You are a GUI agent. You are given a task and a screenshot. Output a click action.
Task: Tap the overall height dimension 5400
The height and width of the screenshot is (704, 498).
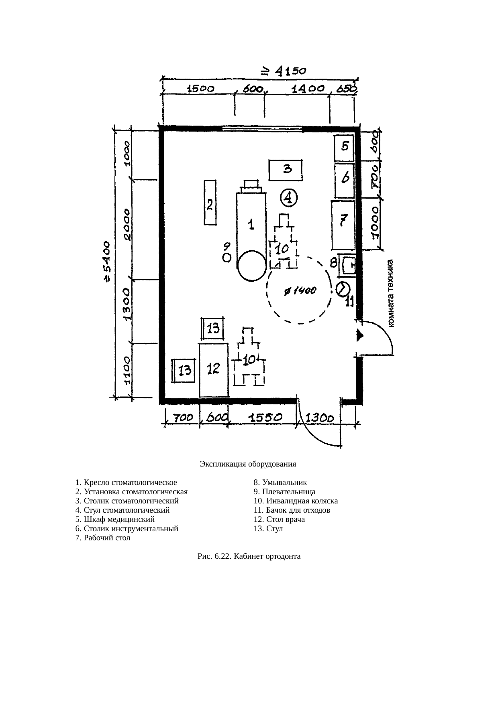click(107, 262)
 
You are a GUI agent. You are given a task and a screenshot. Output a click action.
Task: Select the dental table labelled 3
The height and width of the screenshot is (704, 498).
click(286, 170)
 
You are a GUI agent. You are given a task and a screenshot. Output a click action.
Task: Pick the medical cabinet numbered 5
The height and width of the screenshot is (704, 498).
click(344, 148)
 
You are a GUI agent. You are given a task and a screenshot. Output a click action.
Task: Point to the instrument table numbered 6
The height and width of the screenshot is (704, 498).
click(345, 180)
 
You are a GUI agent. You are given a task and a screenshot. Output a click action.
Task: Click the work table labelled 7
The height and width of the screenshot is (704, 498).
click(343, 225)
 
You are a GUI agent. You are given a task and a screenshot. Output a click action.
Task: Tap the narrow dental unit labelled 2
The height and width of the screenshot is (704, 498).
click(210, 203)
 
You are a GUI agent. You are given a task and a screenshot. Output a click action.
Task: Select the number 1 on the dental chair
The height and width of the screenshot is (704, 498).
click(251, 224)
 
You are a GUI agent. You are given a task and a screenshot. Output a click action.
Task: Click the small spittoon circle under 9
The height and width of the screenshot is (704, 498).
click(227, 258)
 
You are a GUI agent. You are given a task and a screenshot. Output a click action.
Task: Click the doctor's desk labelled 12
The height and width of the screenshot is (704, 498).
click(214, 370)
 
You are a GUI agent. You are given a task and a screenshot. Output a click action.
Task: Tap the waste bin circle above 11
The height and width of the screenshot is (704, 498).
click(343, 289)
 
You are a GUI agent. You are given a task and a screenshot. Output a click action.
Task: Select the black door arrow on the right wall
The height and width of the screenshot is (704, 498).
click(360, 335)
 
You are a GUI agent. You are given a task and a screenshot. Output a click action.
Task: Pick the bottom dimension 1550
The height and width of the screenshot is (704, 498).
click(265, 418)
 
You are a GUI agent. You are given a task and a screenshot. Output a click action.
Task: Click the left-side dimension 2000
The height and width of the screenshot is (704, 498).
click(127, 224)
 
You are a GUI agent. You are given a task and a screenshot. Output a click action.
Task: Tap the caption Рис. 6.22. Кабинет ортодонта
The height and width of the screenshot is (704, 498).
click(249, 556)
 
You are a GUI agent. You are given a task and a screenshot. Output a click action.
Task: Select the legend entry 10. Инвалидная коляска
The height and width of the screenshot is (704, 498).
click(296, 501)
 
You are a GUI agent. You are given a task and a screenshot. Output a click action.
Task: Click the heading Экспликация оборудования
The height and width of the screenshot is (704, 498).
click(248, 464)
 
